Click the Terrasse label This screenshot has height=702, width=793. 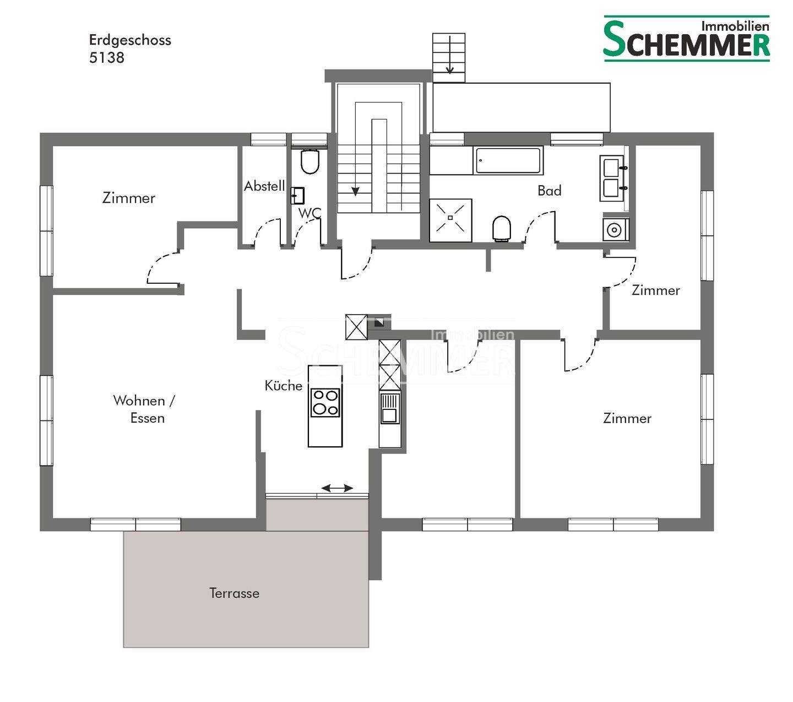point(234,593)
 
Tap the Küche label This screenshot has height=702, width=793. point(284,386)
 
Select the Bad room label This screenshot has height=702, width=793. point(550,191)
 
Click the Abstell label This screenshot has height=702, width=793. point(264,186)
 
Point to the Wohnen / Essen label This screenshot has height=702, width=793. point(144,409)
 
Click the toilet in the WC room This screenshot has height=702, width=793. point(310,161)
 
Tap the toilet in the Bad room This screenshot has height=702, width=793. point(501,228)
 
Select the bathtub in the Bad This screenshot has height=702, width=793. point(508,160)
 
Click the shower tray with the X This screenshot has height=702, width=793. point(450,220)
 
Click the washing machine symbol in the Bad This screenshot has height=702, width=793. point(615,229)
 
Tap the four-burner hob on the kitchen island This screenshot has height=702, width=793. point(325,403)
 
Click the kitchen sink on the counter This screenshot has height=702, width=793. point(390,408)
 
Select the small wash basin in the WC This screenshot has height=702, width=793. point(297,196)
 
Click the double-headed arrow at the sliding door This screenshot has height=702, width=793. point(337,488)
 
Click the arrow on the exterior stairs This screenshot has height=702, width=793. point(450,55)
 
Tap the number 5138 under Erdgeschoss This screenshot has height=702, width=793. point(106,58)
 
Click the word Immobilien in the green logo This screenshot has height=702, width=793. point(735,26)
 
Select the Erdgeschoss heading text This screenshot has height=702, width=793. point(130,40)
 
